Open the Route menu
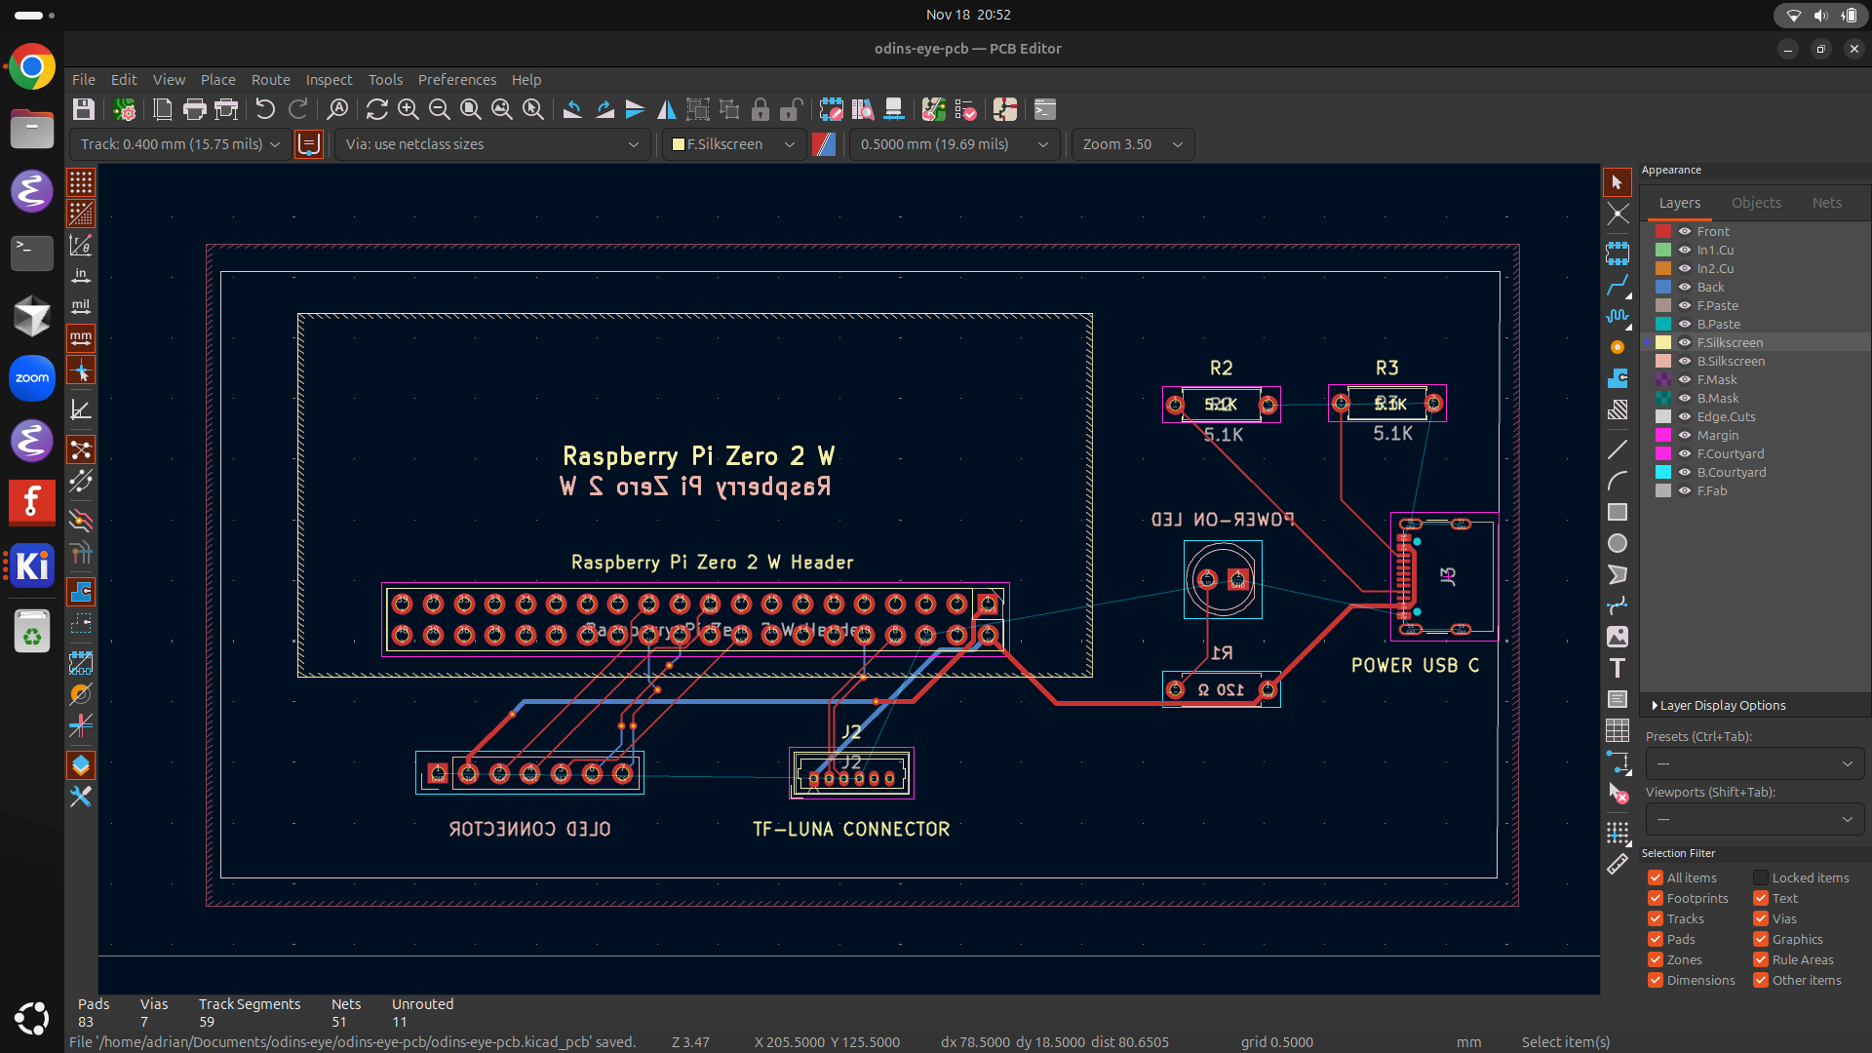270,80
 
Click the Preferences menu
456,80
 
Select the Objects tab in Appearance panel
1756,203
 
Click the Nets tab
1826,203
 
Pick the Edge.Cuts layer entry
1726,416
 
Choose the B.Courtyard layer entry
1731,472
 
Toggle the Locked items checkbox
1761,877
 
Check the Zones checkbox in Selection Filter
1656,959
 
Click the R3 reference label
1386,368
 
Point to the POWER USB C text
1415,665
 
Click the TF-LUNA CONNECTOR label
851,829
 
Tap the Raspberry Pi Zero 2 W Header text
712,563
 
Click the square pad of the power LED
1238,580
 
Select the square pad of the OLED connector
438,773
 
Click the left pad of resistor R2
1176,405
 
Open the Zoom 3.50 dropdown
1132,144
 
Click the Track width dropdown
179,144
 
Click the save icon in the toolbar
84,109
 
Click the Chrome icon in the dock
32,67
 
